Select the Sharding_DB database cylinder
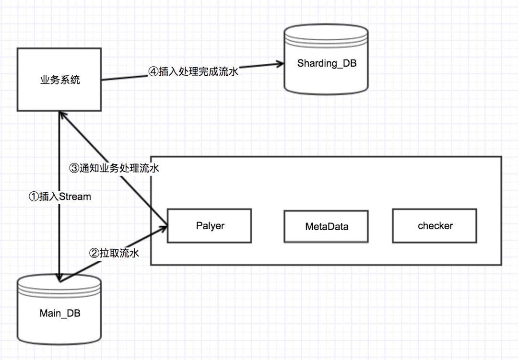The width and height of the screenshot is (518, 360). pyautogui.click(x=327, y=60)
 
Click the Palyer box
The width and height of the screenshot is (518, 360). pyautogui.click(x=210, y=225)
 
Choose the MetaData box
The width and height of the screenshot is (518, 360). pyautogui.click(x=327, y=226)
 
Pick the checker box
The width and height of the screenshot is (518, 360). pyautogui.click(x=435, y=225)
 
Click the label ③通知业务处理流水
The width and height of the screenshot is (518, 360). pyautogui.click(x=114, y=168)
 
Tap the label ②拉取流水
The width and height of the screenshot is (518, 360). pyautogui.click(x=115, y=253)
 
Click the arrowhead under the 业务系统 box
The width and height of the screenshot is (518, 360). pyautogui.click(x=59, y=115)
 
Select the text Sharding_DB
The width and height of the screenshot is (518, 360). pyautogui.click(x=327, y=63)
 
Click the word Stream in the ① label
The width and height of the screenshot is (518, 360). pyautogui.click(x=75, y=196)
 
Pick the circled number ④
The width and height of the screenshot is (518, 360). pyautogui.click(x=152, y=72)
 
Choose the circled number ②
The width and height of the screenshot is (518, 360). pyautogui.click(x=94, y=253)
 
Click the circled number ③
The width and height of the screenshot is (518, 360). pyautogui.click(x=74, y=168)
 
